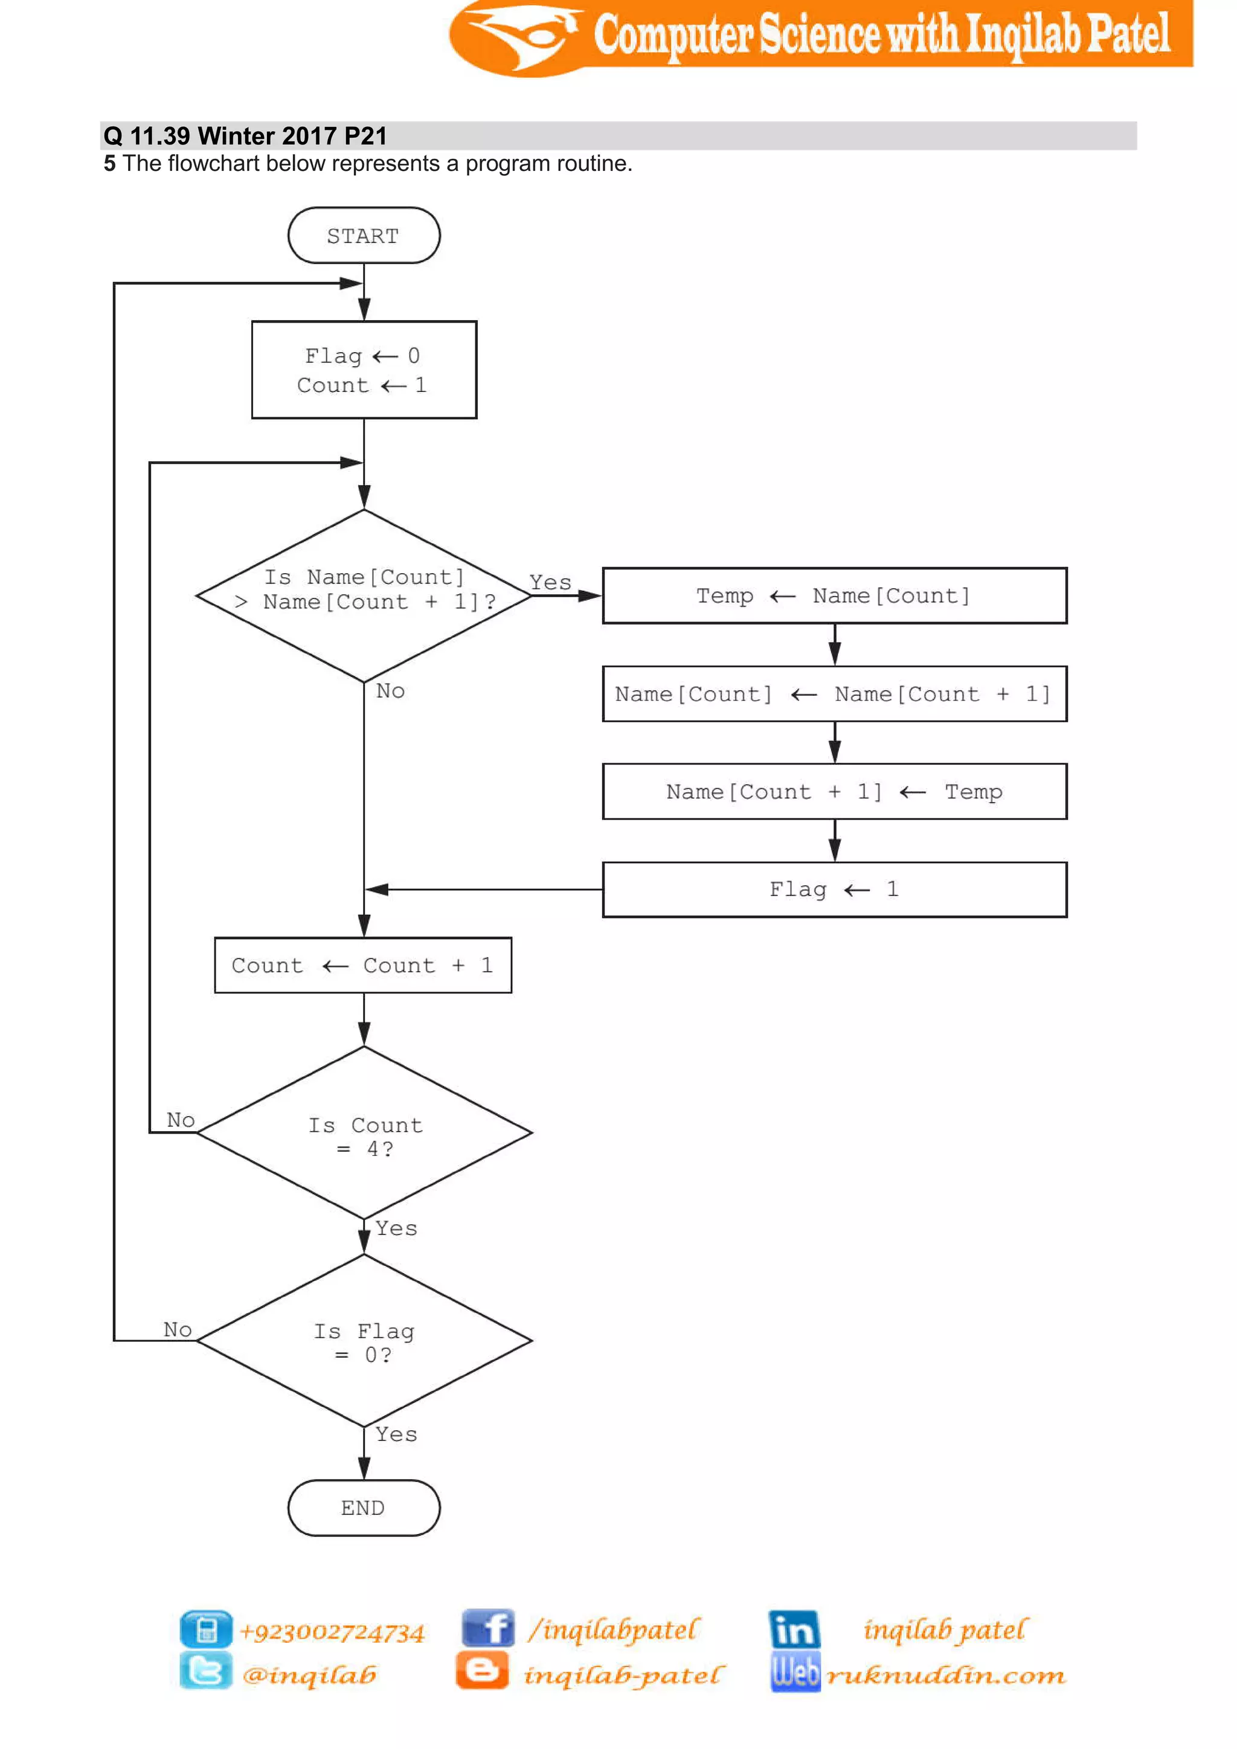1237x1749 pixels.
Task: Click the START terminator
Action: [364, 236]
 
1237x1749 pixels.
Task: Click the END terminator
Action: [364, 1507]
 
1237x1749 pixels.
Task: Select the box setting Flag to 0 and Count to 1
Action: [364, 370]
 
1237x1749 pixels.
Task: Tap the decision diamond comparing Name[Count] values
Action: [364, 594]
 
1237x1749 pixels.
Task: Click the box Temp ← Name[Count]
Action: [834, 595]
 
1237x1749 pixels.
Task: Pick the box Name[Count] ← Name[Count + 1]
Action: [834, 694]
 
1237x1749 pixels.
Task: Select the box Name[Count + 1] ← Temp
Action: [834, 792]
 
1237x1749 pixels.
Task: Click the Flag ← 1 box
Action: [834, 889]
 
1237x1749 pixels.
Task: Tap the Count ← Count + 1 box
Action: [362, 965]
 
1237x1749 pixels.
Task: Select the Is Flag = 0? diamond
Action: [364, 1341]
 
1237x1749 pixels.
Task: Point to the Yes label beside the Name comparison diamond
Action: [550, 582]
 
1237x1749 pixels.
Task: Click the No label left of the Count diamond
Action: [181, 1120]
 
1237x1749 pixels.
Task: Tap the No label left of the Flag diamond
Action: [178, 1329]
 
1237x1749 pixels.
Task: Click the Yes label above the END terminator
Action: [396, 1434]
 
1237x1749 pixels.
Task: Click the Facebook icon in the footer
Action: [487, 1629]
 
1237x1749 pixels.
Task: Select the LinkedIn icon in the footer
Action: [794, 1629]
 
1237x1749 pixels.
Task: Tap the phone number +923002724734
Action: [332, 1632]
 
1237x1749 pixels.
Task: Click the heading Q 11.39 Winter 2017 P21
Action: [245, 136]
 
